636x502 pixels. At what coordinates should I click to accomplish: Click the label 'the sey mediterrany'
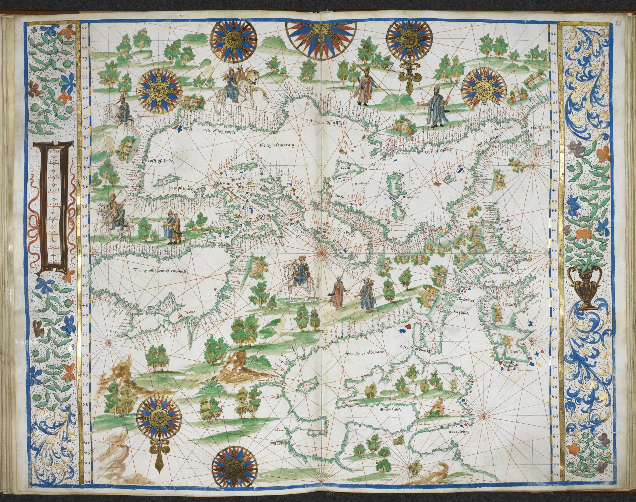coord(277,145)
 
